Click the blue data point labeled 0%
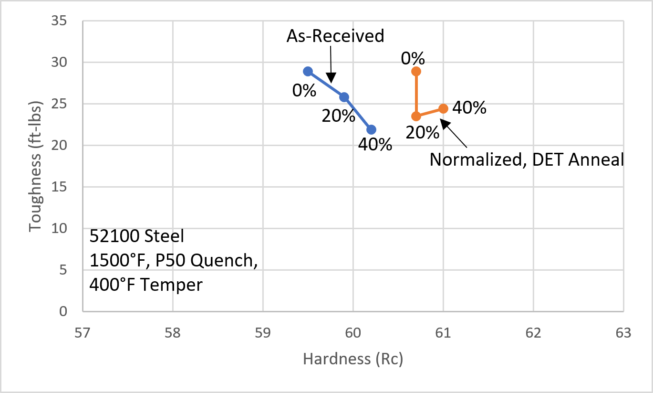pos(308,72)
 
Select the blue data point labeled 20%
pos(344,97)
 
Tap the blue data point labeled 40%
pos(371,129)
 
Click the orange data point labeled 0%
pos(416,72)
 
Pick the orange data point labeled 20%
pos(416,116)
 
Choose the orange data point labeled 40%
pos(443,108)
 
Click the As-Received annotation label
pos(335,36)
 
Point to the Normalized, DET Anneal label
pos(527,159)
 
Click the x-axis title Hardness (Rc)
pos(353,359)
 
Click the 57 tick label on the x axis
pos(83,332)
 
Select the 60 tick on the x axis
pos(353,332)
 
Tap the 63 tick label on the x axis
pos(623,332)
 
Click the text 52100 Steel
pos(136,236)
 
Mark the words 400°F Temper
pos(146,285)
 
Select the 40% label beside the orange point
pos(469,108)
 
